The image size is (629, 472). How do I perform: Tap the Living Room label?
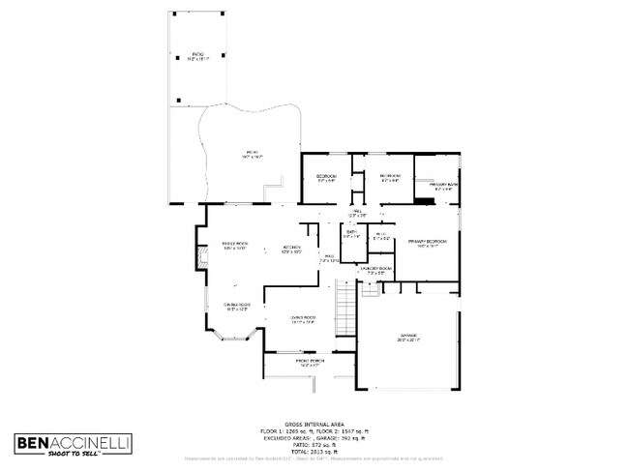point(303,319)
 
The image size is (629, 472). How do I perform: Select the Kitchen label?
point(291,249)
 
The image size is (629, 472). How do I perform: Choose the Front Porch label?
point(311,363)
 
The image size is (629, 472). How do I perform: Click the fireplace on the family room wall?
point(201,258)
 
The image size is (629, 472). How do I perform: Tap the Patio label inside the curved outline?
point(253,154)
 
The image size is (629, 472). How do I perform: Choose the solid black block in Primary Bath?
point(425,200)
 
